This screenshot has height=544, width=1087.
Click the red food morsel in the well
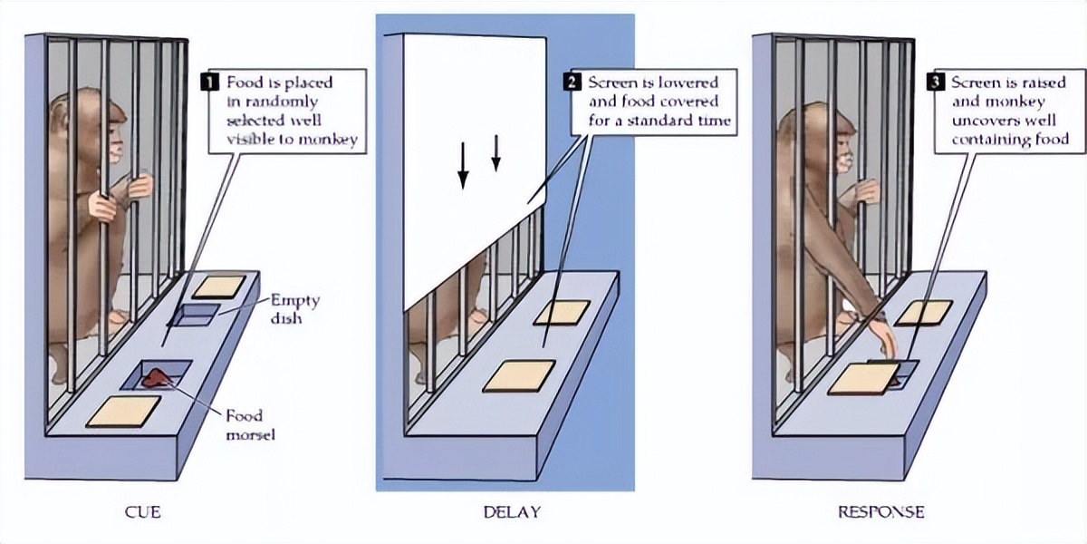155,377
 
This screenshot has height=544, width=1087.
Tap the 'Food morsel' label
250,424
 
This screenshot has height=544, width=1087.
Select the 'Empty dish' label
294,308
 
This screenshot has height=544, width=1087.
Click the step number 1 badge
209,82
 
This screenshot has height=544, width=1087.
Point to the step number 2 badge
572,82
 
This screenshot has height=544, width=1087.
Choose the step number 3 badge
935,82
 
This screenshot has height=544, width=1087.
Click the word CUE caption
143,512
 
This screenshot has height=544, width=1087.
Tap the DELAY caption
512,512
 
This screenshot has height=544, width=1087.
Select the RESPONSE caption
881,512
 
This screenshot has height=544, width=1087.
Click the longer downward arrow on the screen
464,166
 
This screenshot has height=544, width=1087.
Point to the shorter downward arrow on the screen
496,153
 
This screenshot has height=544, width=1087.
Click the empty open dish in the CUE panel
193,315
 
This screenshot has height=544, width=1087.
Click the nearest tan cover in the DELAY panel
519,376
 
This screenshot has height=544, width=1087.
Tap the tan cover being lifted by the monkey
864,378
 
